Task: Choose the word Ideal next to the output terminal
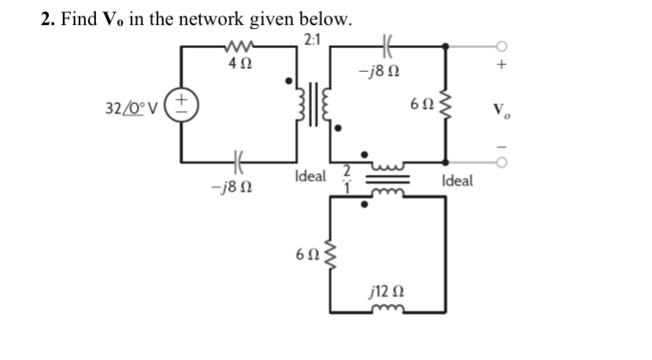[458, 181]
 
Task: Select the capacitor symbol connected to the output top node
[387, 46]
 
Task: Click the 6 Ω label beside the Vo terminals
[421, 104]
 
